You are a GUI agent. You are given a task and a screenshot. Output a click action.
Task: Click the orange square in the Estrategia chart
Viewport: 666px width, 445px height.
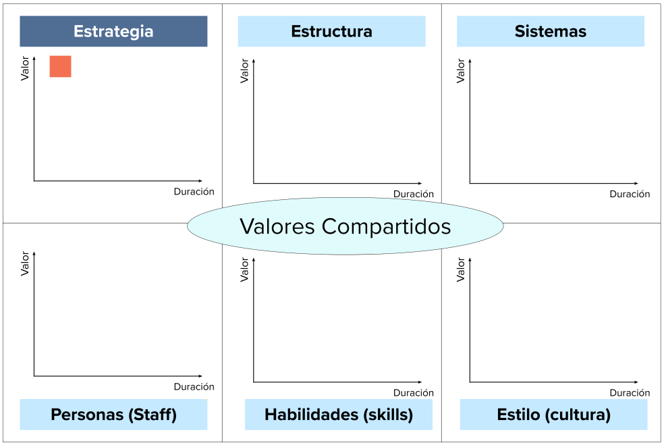tap(60, 66)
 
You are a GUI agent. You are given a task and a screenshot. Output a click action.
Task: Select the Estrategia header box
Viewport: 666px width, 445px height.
tap(113, 31)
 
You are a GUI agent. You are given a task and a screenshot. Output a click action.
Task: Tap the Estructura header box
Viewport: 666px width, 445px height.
tap(331, 31)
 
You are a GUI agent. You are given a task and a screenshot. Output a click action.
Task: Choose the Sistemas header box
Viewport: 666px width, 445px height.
tap(550, 31)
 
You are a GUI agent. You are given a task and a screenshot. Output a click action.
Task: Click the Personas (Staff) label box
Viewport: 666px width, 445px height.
tap(113, 415)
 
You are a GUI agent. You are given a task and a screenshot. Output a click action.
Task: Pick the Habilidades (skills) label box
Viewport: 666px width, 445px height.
tap(338, 415)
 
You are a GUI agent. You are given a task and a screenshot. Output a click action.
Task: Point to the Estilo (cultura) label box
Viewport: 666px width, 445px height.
tap(553, 415)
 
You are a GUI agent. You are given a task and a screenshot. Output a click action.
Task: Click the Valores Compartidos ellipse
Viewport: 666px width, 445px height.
tap(345, 226)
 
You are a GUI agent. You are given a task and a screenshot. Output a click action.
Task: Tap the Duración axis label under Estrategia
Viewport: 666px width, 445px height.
tap(194, 192)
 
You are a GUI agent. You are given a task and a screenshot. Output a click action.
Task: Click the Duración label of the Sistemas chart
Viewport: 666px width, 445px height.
tap(630, 194)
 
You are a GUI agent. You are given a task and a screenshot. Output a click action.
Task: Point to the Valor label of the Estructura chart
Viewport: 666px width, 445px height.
tap(244, 70)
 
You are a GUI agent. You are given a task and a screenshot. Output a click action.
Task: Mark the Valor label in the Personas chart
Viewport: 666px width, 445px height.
tap(25, 263)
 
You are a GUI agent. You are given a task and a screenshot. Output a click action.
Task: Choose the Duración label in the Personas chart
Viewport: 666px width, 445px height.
tap(194, 387)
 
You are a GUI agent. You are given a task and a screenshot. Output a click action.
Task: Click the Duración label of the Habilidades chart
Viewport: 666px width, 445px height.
tap(414, 393)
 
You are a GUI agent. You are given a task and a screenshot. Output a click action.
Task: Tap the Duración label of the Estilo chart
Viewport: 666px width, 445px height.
tap(630, 393)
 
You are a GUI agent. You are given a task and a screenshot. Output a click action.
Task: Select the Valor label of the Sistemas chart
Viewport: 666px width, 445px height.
tap(461, 70)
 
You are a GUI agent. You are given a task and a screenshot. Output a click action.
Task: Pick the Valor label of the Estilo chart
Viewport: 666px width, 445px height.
tap(461, 269)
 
